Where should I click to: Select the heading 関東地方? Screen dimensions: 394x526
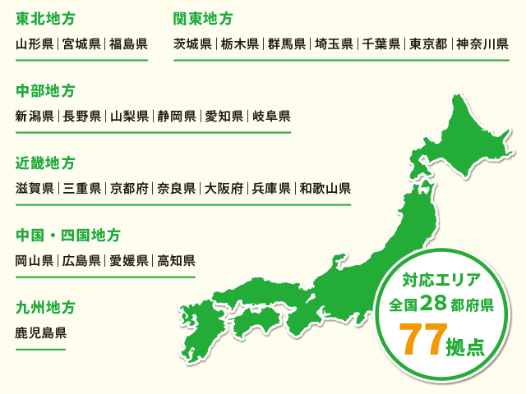point(203,18)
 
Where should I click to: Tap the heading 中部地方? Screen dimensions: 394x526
point(45,90)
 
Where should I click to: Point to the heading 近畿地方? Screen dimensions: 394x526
point(45,163)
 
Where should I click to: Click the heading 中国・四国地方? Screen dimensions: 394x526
point(68,236)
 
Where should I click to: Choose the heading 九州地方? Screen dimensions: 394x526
point(45,308)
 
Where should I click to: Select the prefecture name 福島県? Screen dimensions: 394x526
point(129,44)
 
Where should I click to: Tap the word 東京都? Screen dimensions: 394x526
point(428,44)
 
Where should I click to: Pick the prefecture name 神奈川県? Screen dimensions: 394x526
point(482,44)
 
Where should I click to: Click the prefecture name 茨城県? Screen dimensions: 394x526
point(193,44)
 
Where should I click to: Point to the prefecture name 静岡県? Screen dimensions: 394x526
point(177,117)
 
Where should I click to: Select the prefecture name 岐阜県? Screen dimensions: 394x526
point(270,117)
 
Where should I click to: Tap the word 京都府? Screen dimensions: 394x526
point(129,189)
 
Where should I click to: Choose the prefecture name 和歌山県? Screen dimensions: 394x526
point(325,189)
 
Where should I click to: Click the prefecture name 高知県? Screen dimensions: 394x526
point(177,262)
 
